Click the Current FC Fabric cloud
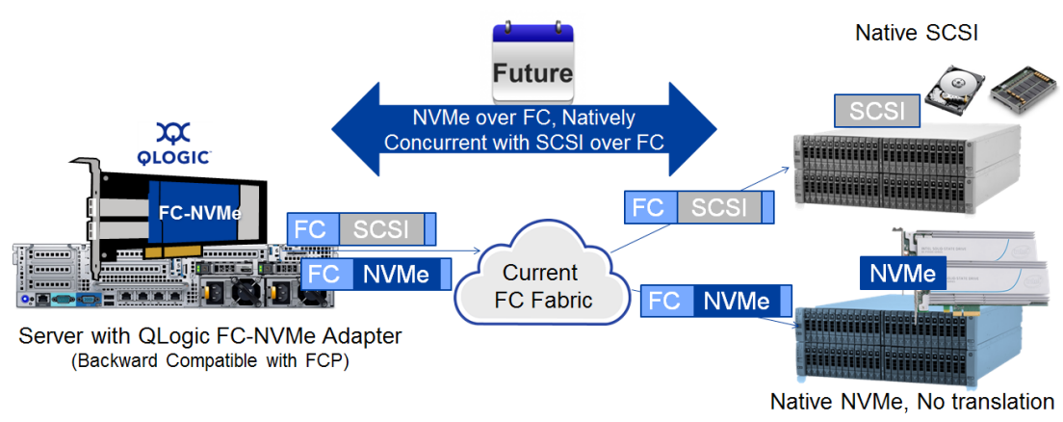click(x=539, y=285)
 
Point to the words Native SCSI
click(x=916, y=33)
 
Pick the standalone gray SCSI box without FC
click(x=877, y=111)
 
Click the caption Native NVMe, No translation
click(x=912, y=401)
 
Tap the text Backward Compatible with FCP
click(x=210, y=361)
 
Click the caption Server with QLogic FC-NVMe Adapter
click(x=210, y=336)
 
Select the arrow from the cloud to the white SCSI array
click(x=698, y=208)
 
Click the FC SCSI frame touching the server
click(x=361, y=229)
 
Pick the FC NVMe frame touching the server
click(x=376, y=275)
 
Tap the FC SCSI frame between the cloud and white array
click(x=700, y=207)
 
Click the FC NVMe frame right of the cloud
click(x=716, y=300)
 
